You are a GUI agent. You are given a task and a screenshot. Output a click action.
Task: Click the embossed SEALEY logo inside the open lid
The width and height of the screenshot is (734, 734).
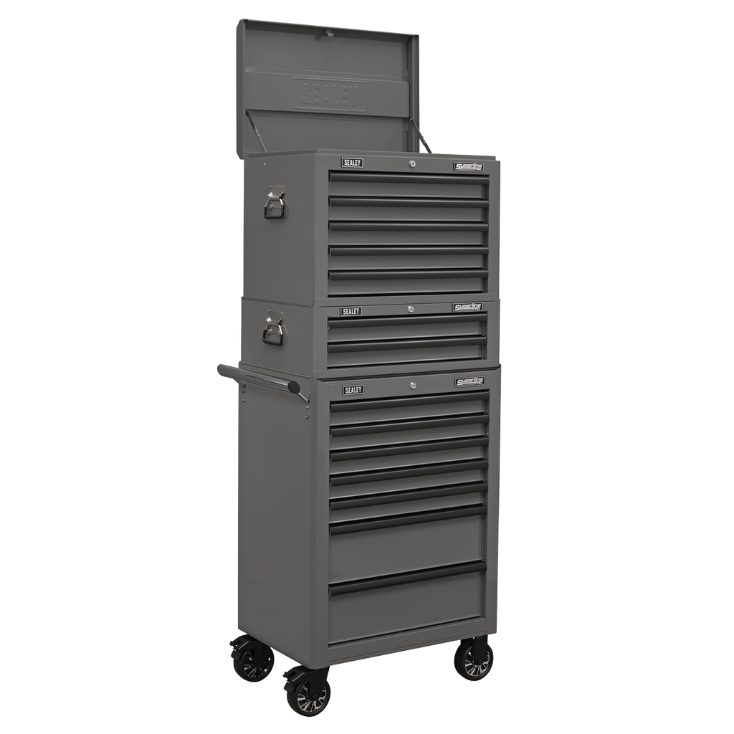click(x=328, y=94)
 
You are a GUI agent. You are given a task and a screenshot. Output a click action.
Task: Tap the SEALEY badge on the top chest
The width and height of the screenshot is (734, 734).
click(x=352, y=163)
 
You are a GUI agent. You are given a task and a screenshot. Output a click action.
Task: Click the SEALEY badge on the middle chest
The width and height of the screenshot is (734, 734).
click(x=351, y=311)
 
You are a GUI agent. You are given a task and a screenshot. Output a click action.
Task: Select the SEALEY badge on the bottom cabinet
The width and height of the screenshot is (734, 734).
click(x=353, y=390)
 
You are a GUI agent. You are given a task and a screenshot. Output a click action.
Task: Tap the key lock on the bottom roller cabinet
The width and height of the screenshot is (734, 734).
click(x=414, y=386)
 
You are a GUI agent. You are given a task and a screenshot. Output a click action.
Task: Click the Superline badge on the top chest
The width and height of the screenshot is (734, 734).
click(x=469, y=167)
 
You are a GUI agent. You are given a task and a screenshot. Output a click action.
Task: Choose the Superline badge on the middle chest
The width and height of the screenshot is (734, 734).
click(x=467, y=307)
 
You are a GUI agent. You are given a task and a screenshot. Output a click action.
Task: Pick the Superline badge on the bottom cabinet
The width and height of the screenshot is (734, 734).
click(x=470, y=382)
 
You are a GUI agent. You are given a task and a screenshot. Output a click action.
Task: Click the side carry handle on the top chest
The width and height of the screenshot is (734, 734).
click(x=275, y=201)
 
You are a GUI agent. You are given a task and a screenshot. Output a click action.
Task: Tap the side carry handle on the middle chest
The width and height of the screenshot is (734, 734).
click(x=273, y=330)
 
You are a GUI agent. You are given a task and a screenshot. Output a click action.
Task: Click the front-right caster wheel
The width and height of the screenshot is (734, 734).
click(x=474, y=660)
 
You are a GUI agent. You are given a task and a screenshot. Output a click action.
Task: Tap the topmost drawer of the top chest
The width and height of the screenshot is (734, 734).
click(x=408, y=185)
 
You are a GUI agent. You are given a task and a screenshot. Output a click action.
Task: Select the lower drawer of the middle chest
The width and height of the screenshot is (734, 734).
click(x=406, y=354)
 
